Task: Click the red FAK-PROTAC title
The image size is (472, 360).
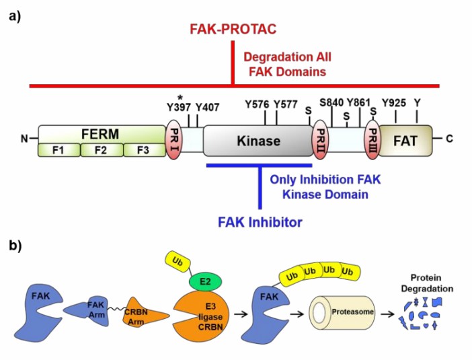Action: point(232,30)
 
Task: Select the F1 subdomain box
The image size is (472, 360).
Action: point(58,150)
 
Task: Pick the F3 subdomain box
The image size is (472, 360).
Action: point(143,150)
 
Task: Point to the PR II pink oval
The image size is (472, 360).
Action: point(321,140)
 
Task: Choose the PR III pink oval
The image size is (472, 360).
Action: point(372,140)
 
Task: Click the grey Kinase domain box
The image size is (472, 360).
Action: point(258,140)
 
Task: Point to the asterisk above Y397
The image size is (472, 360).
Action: point(180,96)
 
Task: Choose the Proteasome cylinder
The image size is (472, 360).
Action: point(340,313)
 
